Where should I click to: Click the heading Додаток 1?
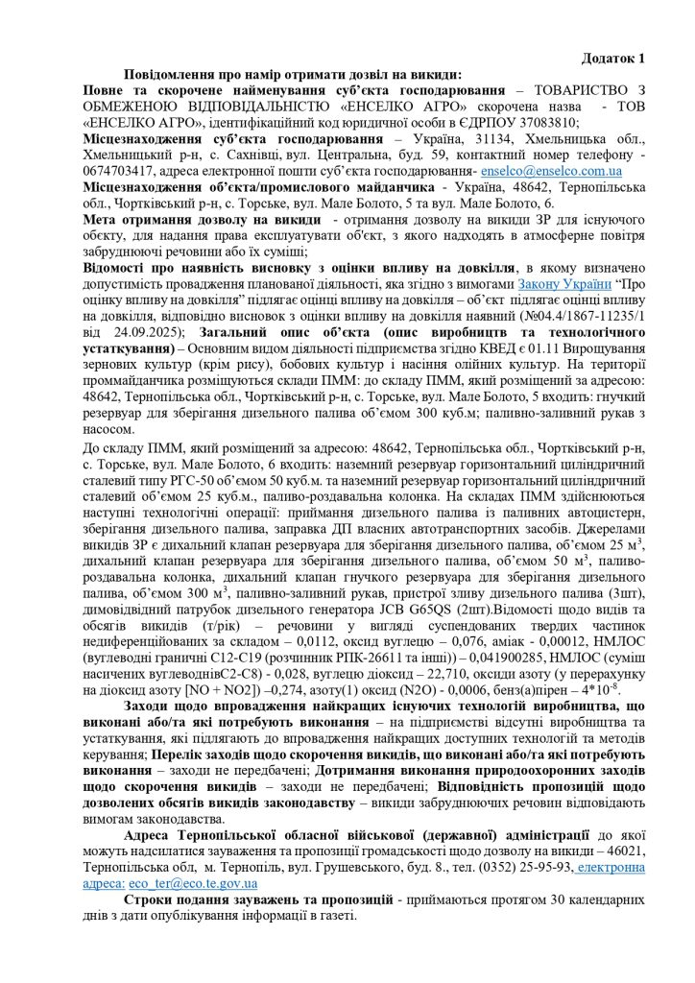coord(613,58)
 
